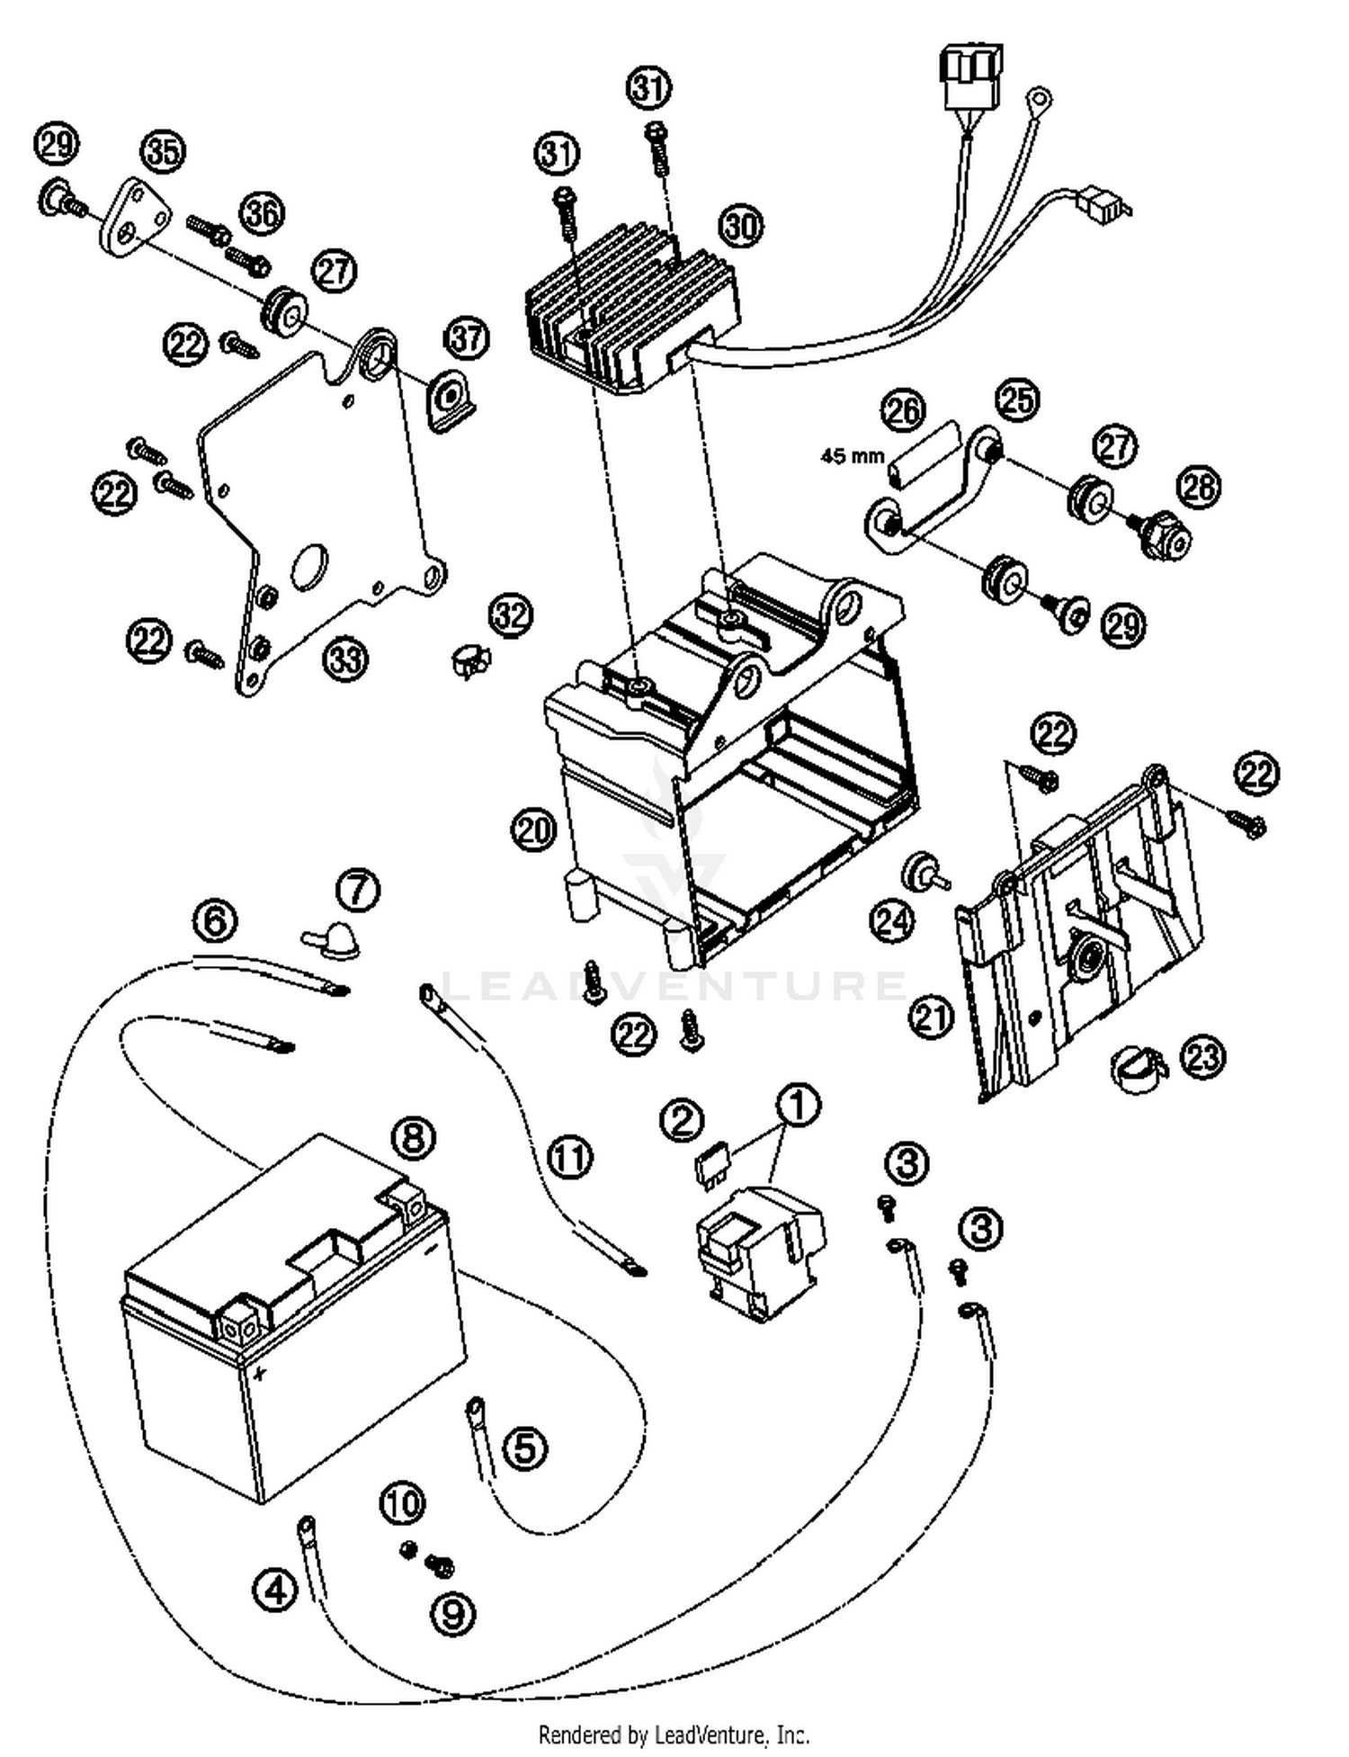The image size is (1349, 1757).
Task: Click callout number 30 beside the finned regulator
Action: point(741,227)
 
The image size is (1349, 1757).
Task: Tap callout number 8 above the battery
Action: point(413,1138)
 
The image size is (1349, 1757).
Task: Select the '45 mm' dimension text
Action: point(852,456)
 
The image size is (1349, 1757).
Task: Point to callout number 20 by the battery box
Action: point(534,829)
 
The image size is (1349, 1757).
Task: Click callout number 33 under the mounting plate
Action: point(346,659)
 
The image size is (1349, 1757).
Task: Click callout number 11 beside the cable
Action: point(570,1158)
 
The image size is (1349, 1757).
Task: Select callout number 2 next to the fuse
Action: point(682,1120)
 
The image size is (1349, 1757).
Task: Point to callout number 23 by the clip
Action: point(1202,1058)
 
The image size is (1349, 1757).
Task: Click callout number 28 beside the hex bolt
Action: point(1198,487)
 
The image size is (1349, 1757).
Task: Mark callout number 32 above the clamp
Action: point(510,615)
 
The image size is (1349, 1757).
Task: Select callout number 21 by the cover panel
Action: point(931,1017)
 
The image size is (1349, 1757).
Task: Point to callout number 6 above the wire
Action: point(215,921)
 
